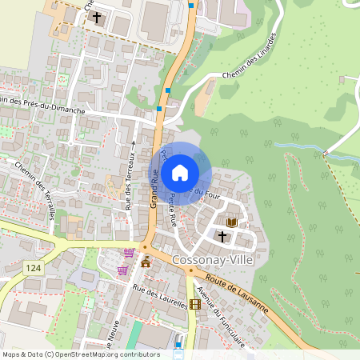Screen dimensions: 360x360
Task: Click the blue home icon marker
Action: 180,172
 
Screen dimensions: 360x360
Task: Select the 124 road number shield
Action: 32,266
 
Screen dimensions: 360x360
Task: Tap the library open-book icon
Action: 232,222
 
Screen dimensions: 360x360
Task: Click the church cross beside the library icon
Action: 222,236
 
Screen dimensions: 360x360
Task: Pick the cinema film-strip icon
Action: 195,304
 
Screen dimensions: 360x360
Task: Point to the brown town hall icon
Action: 146,262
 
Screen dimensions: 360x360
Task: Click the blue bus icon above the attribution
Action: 178,346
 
